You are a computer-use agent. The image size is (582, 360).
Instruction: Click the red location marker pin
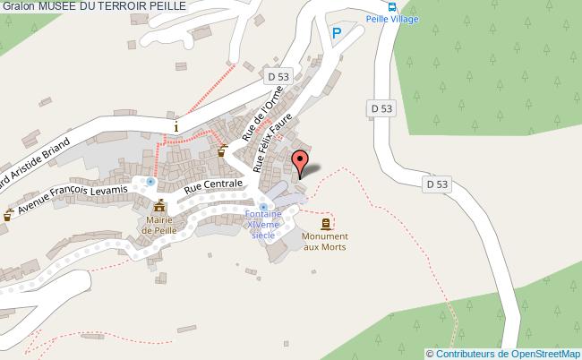pos(301,164)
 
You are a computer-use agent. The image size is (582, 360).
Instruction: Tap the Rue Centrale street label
pos(213,185)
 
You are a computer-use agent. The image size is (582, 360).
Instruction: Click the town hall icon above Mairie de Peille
pos(160,206)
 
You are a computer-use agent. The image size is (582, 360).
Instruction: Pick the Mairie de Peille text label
pos(160,225)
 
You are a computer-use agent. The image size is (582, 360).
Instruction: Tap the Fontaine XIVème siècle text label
pos(263,225)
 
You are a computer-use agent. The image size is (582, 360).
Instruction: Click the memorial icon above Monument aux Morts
pos(325,223)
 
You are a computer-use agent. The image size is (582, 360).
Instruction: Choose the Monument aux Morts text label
pos(325,241)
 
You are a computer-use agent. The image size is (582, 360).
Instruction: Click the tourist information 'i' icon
pos(176,126)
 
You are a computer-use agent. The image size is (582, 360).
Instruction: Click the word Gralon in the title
pos(18,6)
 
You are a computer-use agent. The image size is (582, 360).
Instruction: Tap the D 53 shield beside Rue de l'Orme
pos(278,78)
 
